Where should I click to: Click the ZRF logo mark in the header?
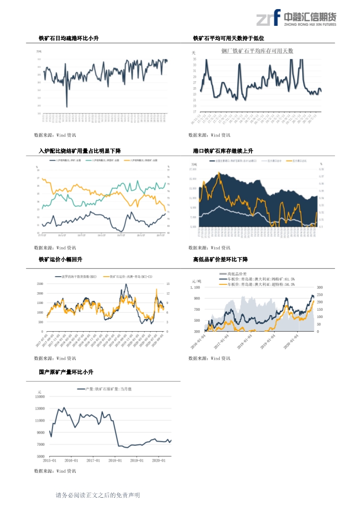[268, 18]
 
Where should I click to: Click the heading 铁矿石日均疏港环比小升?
[69, 39]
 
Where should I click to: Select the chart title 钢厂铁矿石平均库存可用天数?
[257, 51]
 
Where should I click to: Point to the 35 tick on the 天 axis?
[194, 59]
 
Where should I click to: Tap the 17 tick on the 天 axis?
[194, 112]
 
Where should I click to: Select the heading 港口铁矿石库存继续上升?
[223, 151]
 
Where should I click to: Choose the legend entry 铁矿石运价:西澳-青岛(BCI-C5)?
[129, 276]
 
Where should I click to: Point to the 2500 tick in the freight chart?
[40, 284]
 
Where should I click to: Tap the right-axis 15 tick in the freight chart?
[168, 284]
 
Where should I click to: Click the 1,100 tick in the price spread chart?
[195, 288]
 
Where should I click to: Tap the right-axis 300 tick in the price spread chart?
[320, 288]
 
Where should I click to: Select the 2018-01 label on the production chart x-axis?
[114, 460]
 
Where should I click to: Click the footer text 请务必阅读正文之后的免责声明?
[98, 495]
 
